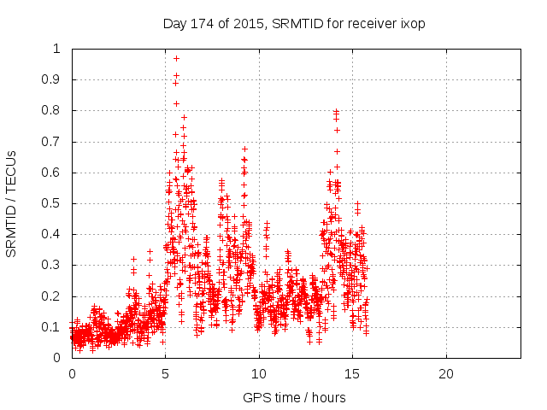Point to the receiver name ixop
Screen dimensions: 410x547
[x=412, y=24]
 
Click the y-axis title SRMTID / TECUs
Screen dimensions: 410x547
[x=12, y=204]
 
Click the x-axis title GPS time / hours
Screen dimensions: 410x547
[x=294, y=397]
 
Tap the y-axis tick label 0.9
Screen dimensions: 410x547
[x=56, y=79]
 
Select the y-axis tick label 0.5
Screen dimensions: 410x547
[x=56, y=203]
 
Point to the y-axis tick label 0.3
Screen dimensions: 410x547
[x=56, y=265]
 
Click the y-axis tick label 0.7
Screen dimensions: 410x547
[x=56, y=141]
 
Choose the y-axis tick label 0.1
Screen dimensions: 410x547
[x=56, y=327]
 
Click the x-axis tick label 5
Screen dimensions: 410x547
[x=165, y=374]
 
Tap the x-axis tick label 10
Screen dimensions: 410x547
[x=259, y=374]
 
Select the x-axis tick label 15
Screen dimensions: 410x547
[x=352, y=374]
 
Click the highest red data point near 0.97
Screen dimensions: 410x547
[x=176, y=58]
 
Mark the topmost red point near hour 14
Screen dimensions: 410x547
[x=337, y=111]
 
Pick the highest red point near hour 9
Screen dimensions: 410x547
[x=244, y=149]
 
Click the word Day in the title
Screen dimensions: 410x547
[x=174, y=24]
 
